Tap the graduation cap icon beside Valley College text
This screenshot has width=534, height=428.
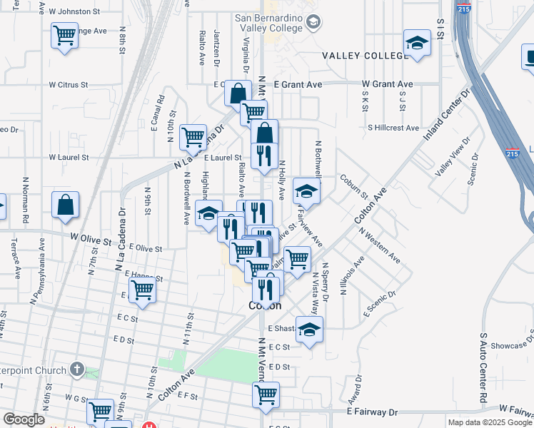(417, 44)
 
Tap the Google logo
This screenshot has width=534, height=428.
(24, 419)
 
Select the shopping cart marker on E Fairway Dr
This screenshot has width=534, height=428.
(266, 394)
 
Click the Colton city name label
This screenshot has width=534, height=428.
(264, 305)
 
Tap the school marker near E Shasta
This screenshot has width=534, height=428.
(309, 330)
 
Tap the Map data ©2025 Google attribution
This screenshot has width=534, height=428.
(490, 422)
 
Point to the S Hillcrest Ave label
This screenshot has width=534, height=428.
(393, 128)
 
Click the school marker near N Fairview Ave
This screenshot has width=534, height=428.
(306, 190)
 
